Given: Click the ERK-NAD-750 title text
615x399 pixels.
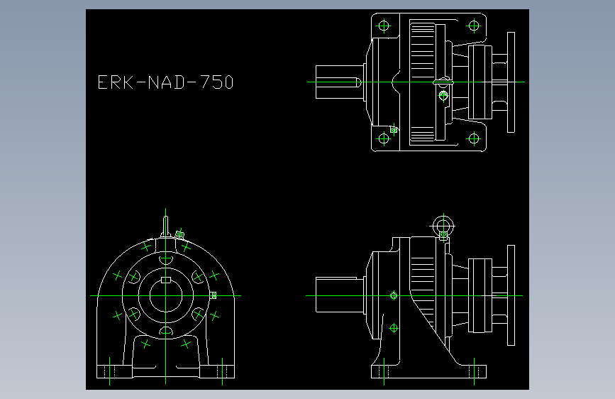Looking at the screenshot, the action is click(165, 82).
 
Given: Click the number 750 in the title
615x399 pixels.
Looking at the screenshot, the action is click(217, 82).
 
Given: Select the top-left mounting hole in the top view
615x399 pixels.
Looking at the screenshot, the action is click(384, 26).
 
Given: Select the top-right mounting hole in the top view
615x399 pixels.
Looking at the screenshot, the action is click(474, 26).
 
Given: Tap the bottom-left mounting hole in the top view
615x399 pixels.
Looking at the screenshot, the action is click(384, 138).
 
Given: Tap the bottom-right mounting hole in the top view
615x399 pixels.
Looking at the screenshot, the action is click(474, 138).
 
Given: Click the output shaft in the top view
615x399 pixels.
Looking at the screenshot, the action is click(339, 82).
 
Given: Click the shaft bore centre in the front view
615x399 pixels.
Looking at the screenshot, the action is click(166, 296).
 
